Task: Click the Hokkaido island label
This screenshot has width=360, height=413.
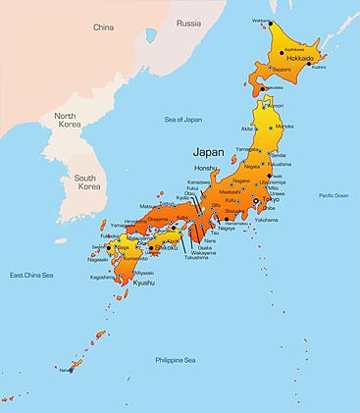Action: (x=299, y=58)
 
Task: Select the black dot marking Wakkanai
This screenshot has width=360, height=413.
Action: (x=273, y=21)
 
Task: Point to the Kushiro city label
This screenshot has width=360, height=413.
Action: (x=318, y=67)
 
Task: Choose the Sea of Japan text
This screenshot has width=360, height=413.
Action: (x=184, y=119)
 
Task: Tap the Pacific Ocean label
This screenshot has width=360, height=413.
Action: (x=333, y=195)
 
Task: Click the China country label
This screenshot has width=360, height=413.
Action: (x=103, y=27)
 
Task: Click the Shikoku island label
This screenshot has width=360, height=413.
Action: (x=167, y=247)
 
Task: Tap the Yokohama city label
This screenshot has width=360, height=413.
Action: (x=266, y=220)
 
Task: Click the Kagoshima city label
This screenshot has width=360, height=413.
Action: (x=101, y=278)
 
